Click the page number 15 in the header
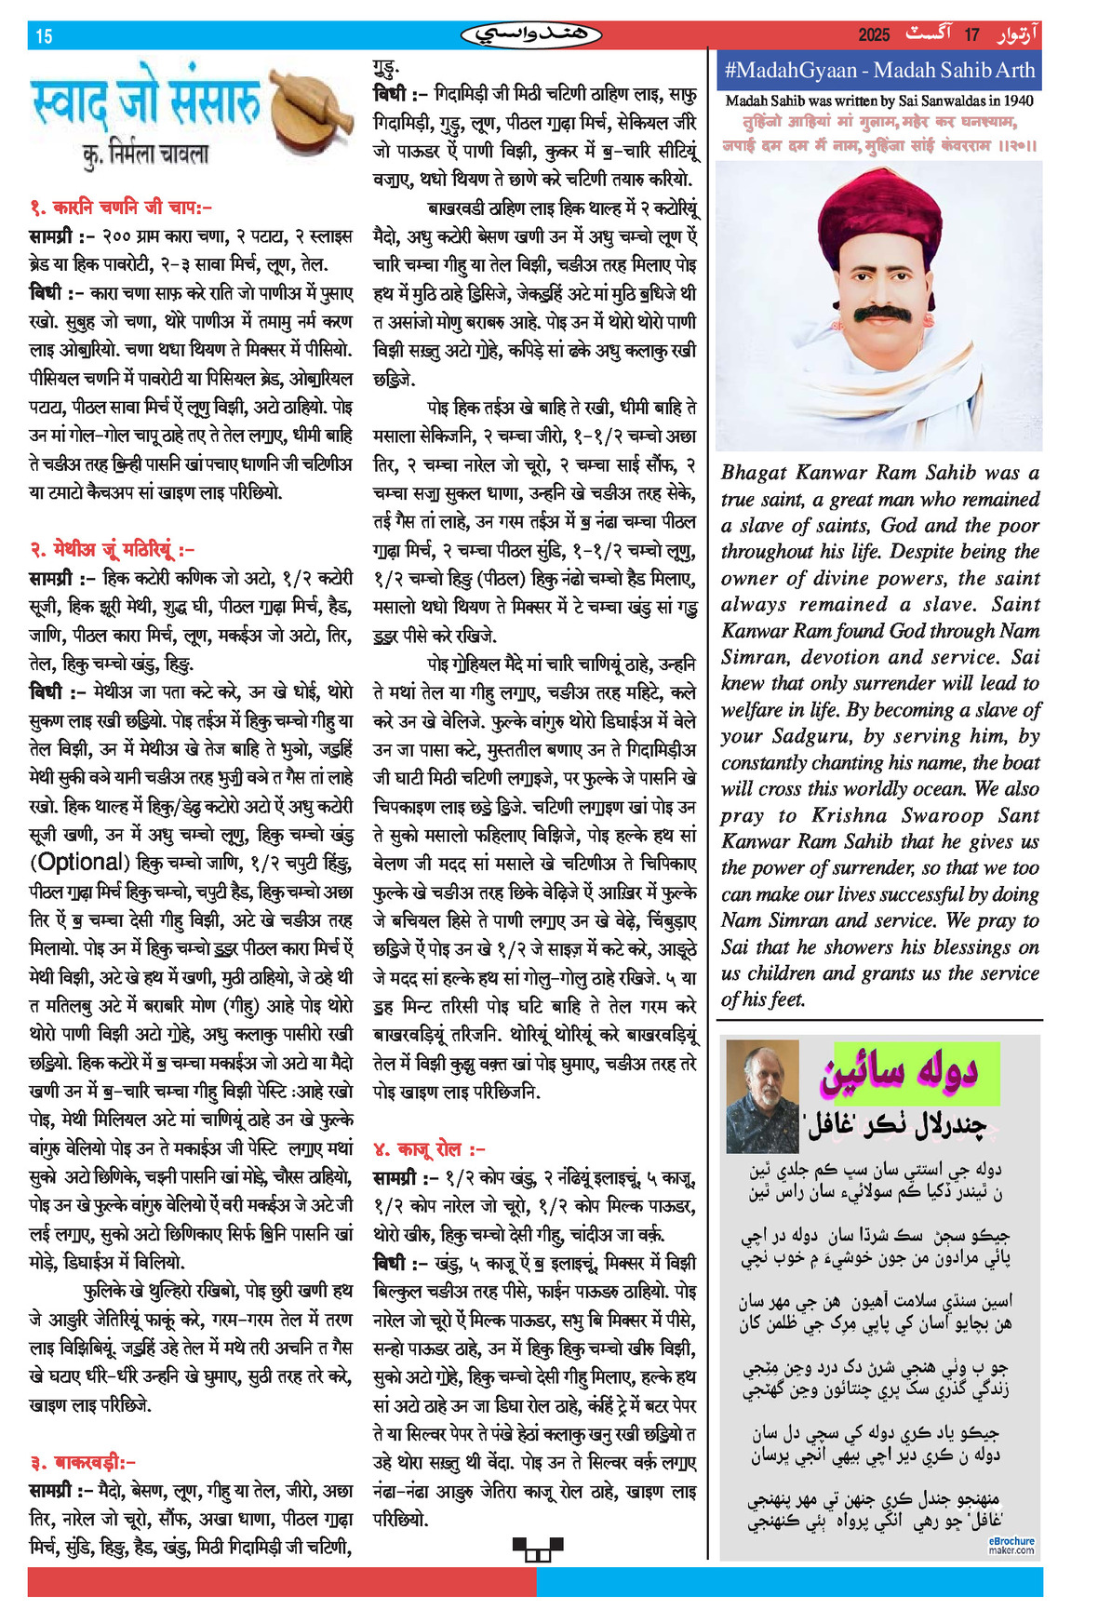pyautogui.click(x=44, y=36)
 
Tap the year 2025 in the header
pyautogui.click(x=874, y=35)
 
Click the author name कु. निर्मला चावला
pyautogui.click(x=146, y=154)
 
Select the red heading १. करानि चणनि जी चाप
pyautogui.click(x=121, y=208)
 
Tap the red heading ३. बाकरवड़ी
pyautogui.click(x=82, y=1462)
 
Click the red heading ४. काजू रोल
pyautogui.click(x=429, y=1149)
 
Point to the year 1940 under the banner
pyautogui.click(x=1018, y=101)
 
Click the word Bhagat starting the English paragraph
pyautogui.click(x=754, y=473)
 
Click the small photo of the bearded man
pyautogui.click(x=762, y=1095)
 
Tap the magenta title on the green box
pyautogui.click(x=898, y=1073)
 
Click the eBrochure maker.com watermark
pyautogui.click(x=1011, y=1545)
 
